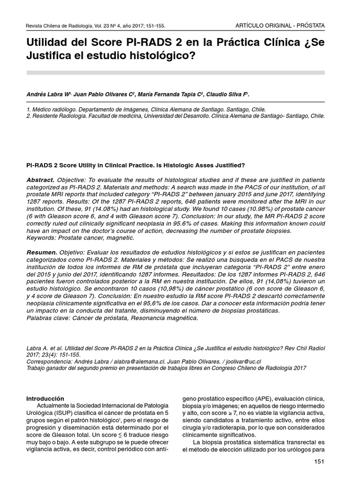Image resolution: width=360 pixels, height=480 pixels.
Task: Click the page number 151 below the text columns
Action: pos(319,462)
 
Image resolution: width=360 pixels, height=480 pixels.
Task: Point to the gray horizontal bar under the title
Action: pos(176,72)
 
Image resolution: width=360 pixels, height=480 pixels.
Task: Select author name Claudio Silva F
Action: pos(228,95)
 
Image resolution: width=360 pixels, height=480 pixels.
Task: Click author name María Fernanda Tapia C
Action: pos(170,95)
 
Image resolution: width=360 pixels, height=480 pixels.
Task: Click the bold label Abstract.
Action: pos(40,180)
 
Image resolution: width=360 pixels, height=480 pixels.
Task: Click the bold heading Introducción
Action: pos(45,398)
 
